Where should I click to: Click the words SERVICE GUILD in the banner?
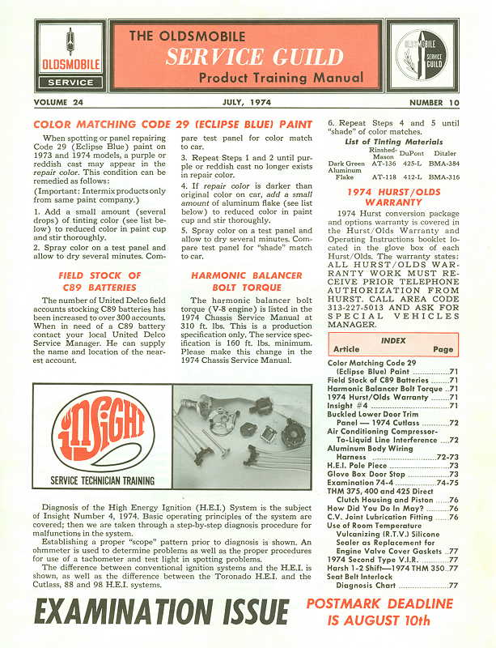[255, 57]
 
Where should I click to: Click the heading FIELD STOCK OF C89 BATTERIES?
[100, 281]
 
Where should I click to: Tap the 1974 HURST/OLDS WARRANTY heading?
[394, 197]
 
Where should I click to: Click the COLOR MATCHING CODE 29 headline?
[172, 124]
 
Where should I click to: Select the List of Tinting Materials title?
[391, 143]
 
